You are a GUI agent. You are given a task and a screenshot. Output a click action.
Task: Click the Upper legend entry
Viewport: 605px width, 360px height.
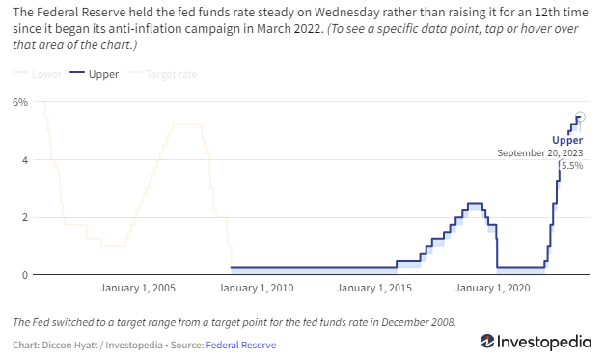pyautogui.click(x=98, y=72)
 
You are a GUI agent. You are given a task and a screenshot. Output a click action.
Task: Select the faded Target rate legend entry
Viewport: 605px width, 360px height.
pyautogui.click(x=165, y=72)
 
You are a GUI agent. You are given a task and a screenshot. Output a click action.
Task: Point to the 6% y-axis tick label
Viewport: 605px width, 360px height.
pyautogui.click(x=18, y=102)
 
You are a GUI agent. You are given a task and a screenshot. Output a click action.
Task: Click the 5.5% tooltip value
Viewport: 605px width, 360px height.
pyautogui.click(x=572, y=166)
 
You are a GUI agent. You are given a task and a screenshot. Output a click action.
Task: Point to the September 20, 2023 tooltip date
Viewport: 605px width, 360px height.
pyautogui.click(x=540, y=153)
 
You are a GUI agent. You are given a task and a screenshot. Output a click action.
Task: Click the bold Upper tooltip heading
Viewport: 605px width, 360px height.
pyautogui.click(x=567, y=141)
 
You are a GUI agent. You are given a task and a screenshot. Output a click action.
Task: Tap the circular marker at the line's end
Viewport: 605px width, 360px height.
pyautogui.click(x=580, y=117)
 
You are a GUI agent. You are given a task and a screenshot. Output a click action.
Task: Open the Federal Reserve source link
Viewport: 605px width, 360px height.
pyautogui.click(x=241, y=345)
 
